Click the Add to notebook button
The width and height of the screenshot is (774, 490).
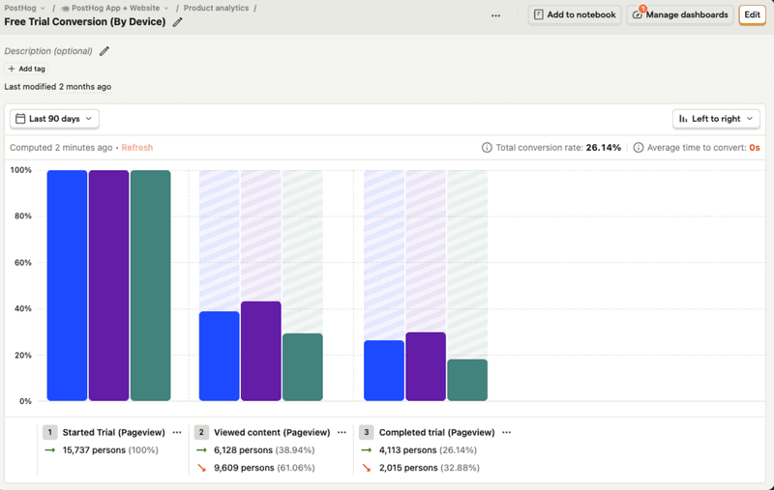[x=575, y=14]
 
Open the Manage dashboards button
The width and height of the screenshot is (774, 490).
[x=679, y=14]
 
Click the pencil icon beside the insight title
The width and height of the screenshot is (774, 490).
[x=177, y=22]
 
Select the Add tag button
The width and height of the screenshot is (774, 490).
[x=26, y=69]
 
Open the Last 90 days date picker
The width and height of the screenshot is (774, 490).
[x=54, y=119]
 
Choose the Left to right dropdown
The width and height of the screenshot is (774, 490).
[x=716, y=119]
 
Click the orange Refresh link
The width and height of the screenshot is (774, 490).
[x=137, y=148]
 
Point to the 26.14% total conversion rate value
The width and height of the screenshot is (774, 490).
[x=604, y=148]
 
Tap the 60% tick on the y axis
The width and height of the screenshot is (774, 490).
[x=20, y=263]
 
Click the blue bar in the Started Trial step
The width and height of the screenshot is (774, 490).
[x=67, y=285]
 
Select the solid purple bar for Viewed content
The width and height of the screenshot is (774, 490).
[x=261, y=351]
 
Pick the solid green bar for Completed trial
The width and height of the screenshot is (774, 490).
[x=467, y=380]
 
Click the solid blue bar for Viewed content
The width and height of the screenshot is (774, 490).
[x=219, y=356]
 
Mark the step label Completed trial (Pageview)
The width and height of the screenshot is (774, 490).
[x=436, y=433]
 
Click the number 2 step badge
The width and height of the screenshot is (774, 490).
[x=201, y=433]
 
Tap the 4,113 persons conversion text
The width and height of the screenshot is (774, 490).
[x=406, y=450]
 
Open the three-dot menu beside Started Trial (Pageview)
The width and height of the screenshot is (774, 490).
[x=177, y=433]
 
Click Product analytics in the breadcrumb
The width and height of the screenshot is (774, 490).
[x=218, y=8]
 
